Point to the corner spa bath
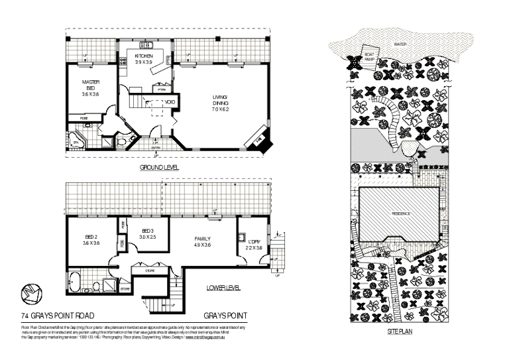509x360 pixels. [x=76, y=142]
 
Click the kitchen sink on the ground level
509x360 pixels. [x=148, y=45]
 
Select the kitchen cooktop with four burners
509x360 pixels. [x=123, y=61]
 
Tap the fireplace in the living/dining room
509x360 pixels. [x=257, y=141]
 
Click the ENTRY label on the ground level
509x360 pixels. [x=154, y=147]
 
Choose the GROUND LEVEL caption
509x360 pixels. [x=159, y=168]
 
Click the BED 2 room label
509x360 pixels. [x=90, y=237]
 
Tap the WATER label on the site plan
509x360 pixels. [x=400, y=44]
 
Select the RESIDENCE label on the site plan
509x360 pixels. [x=400, y=213]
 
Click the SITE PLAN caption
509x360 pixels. [x=400, y=330]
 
